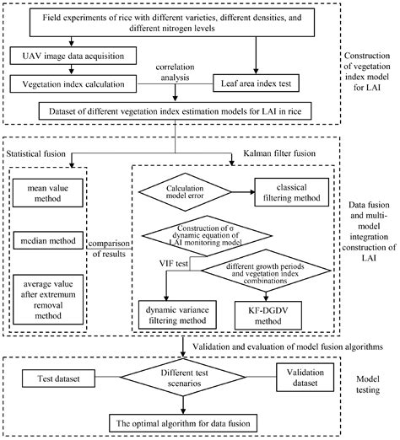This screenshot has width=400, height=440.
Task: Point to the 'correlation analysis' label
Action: (166, 72)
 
